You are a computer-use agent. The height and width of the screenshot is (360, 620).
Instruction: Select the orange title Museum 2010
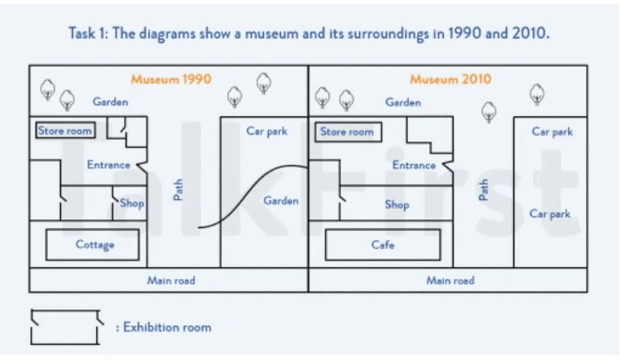point(451,79)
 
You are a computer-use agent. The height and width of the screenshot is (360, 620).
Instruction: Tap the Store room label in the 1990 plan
point(65,131)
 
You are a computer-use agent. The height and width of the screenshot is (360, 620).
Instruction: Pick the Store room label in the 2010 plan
point(347,132)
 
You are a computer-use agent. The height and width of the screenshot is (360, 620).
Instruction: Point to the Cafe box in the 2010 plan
point(382,245)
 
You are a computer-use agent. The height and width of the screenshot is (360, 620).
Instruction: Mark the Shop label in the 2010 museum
point(396,206)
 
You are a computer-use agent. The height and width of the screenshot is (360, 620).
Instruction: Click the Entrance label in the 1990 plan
point(108,164)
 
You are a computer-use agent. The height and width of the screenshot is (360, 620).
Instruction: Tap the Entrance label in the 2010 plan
point(414,165)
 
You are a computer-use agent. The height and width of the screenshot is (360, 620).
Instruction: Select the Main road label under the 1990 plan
point(171,280)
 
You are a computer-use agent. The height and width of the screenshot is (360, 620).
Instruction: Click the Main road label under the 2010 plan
point(450,280)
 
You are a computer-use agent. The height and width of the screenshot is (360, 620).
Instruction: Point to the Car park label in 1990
point(266,132)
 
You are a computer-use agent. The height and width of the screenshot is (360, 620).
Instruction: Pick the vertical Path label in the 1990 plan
point(179,190)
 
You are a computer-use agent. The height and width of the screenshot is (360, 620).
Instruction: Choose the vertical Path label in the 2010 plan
point(484,190)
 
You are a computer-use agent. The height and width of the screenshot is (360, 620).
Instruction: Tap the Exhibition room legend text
point(166,327)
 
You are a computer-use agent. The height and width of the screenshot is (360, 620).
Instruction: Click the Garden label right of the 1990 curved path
point(281,200)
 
